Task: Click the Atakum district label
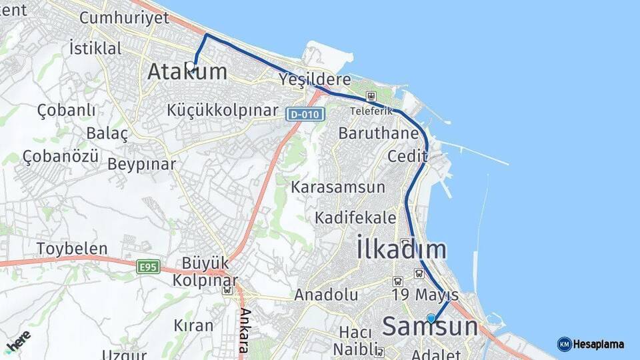[x=187, y=71]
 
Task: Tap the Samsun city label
[x=430, y=327]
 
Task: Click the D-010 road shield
[x=305, y=114]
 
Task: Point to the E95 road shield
[x=147, y=267]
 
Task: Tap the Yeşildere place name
[x=315, y=79]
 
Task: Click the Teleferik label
[x=371, y=111]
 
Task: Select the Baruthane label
[x=378, y=133]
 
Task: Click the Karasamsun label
[x=338, y=187]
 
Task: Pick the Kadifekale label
[x=355, y=218]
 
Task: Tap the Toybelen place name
[x=72, y=249]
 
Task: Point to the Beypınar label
[x=141, y=163]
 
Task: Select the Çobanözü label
[x=61, y=156]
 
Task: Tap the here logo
[x=18, y=342]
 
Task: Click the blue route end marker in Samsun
[x=431, y=319]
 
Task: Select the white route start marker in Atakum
[x=191, y=66]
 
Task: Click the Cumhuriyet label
[x=125, y=17]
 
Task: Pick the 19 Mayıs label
[x=425, y=295]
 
